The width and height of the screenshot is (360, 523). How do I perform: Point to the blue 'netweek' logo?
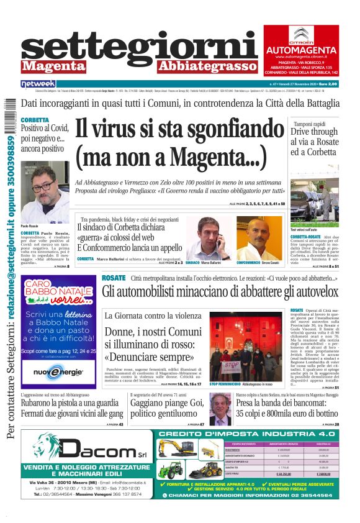tap(38, 83)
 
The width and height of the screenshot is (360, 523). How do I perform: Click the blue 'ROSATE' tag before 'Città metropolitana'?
tap(114, 278)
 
